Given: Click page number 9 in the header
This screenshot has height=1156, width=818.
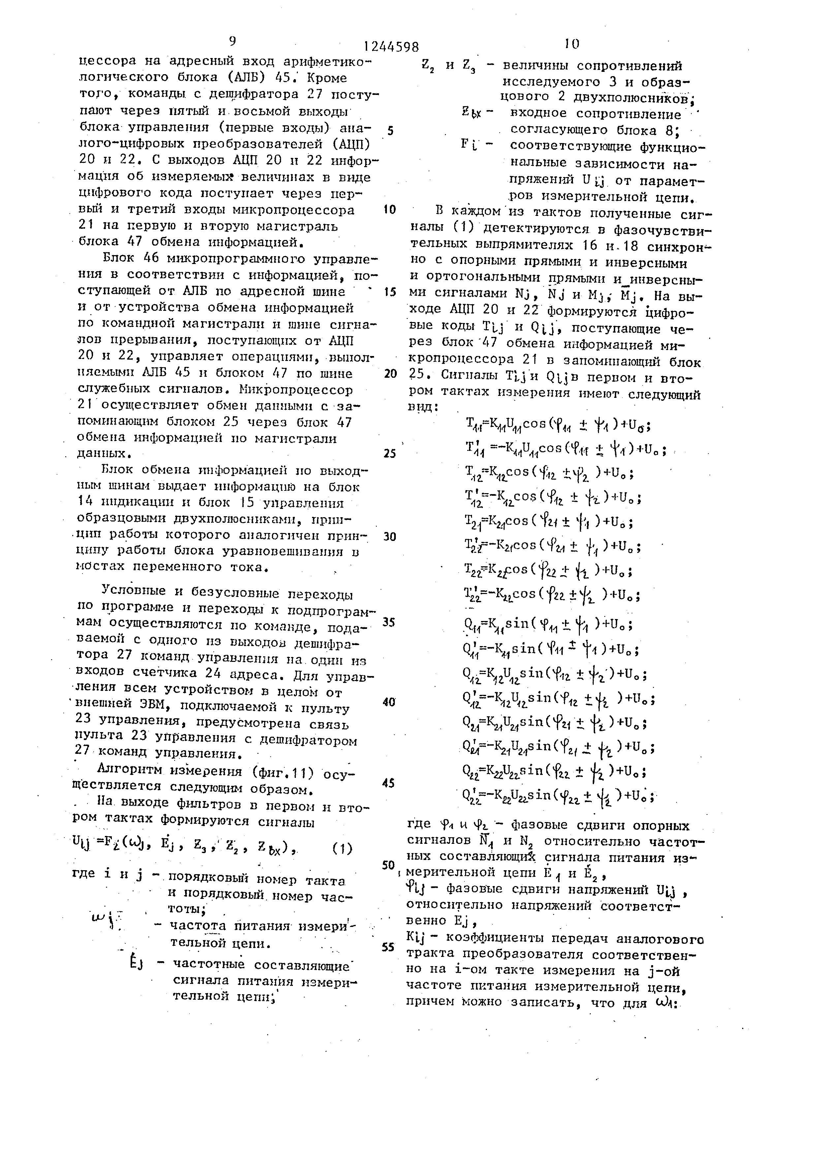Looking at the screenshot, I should [232, 41].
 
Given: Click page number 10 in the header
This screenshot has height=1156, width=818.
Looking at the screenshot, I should [572, 44].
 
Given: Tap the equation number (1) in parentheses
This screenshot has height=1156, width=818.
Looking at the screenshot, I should [342, 848].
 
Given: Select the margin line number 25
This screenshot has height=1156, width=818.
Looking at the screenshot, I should [389, 453].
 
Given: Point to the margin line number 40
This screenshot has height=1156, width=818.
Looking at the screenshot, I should [389, 701].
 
